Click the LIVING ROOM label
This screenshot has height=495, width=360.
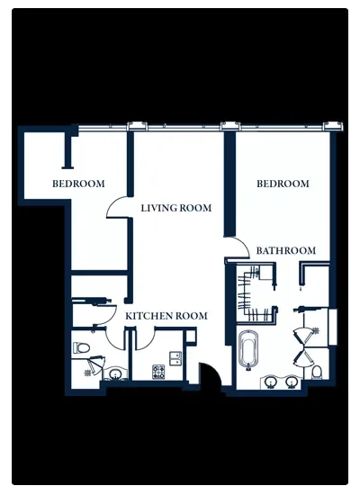(x=176, y=208)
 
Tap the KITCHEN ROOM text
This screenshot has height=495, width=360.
(x=166, y=316)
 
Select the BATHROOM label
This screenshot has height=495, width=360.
(x=286, y=251)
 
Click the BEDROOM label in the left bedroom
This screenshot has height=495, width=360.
(x=78, y=184)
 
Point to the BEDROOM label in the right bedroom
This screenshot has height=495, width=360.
(x=283, y=184)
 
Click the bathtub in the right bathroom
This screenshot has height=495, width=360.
(x=248, y=349)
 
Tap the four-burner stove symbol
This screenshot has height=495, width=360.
(x=158, y=372)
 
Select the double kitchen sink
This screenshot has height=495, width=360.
(x=175, y=358)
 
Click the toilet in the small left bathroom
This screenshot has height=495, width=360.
(x=81, y=348)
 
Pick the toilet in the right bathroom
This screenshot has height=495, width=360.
(x=317, y=373)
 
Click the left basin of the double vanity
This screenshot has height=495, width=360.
(x=271, y=382)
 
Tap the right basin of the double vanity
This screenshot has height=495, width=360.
(x=292, y=382)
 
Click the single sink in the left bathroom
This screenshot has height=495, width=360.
(x=115, y=374)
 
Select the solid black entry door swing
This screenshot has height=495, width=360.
(x=211, y=374)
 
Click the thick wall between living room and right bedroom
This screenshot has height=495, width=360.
(x=229, y=184)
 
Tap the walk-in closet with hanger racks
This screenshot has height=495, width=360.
(x=256, y=293)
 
